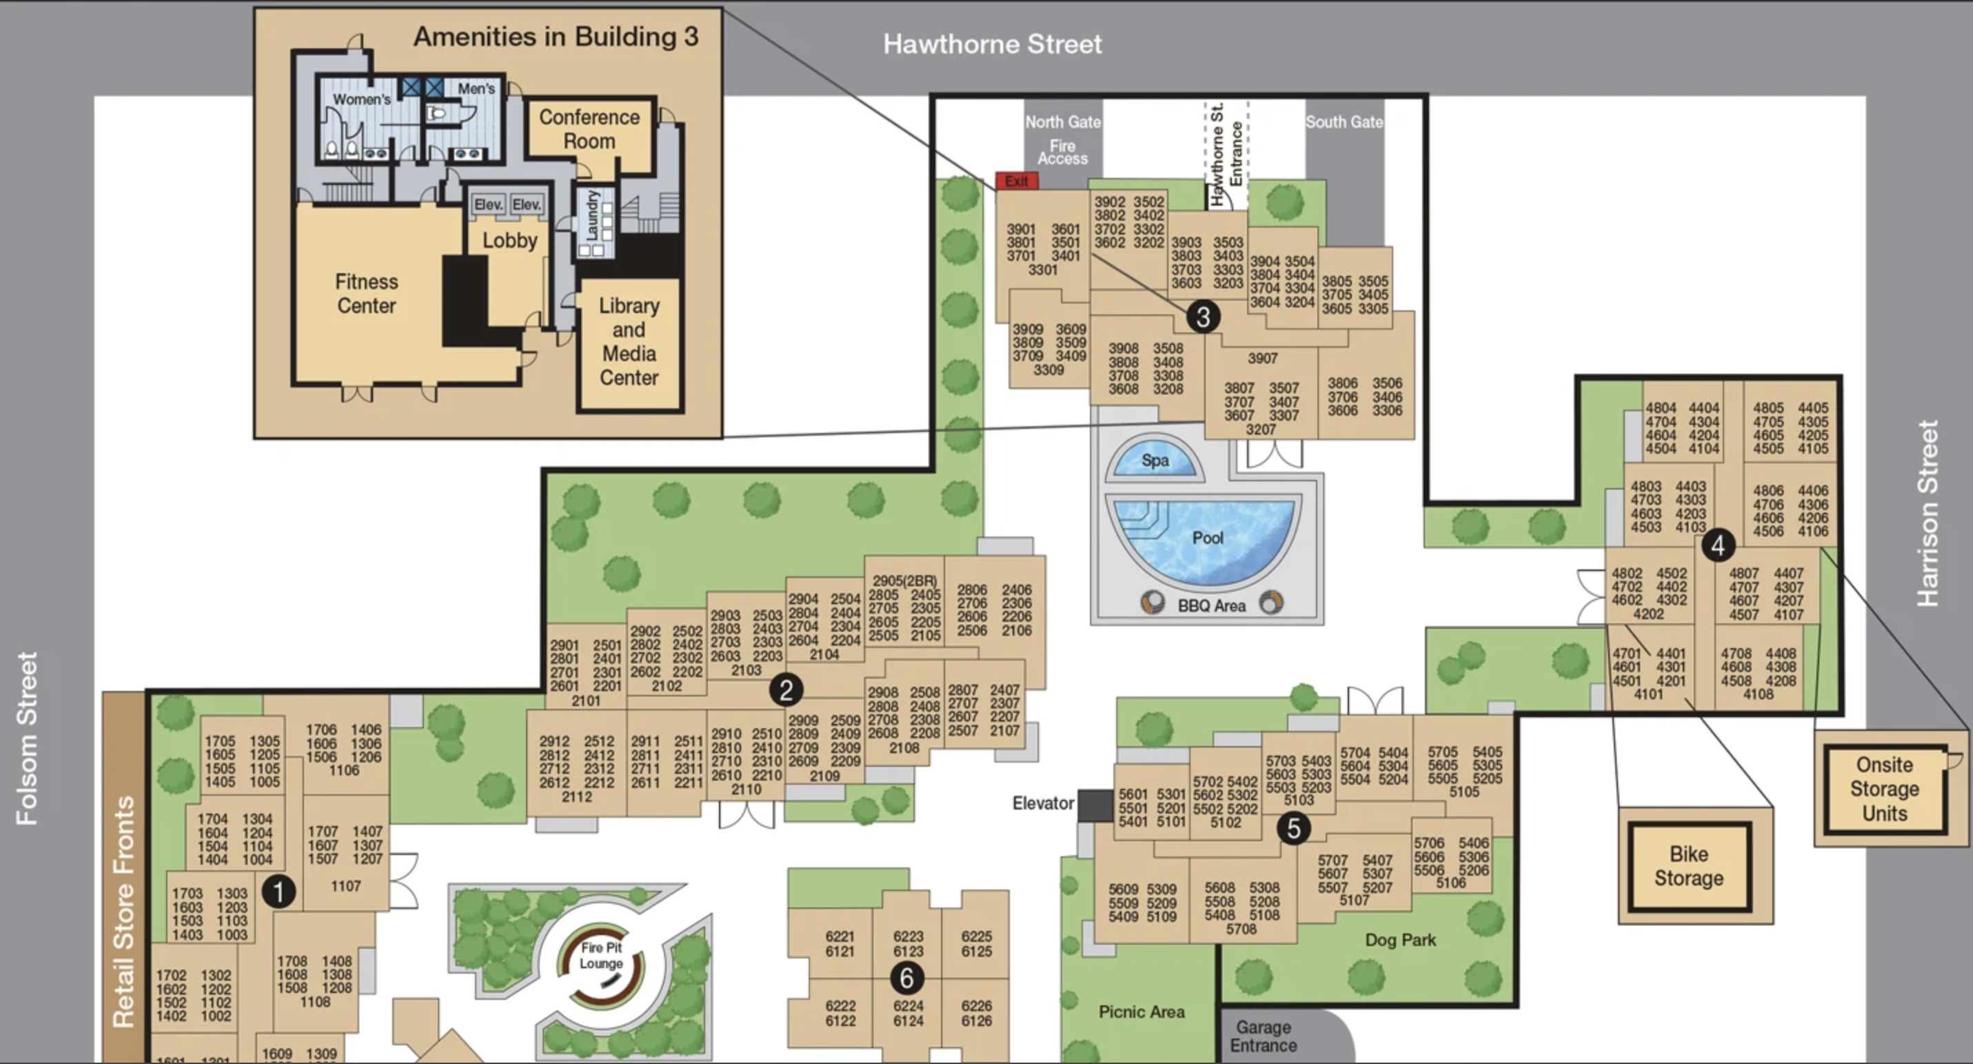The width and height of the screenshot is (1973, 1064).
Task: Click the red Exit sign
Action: click(1016, 181)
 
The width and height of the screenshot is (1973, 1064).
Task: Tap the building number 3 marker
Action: click(1202, 317)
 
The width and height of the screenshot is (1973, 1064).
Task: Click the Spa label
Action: click(1155, 461)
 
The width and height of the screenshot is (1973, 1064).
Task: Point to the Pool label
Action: click(1208, 538)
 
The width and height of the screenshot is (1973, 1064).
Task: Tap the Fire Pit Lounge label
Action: click(601, 955)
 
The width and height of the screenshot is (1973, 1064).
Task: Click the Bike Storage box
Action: click(1689, 866)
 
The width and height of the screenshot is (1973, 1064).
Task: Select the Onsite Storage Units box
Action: click(1884, 789)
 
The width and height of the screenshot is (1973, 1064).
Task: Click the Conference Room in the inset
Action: click(589, 129)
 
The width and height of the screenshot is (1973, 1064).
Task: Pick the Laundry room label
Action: click(592, 215)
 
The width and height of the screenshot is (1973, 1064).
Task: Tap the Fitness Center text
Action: click(366, 293)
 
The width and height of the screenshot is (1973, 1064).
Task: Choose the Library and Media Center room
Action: click(629, 341)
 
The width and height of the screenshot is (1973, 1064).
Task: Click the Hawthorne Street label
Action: click(992, 44)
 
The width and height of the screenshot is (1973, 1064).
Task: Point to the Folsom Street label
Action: click(28, 738)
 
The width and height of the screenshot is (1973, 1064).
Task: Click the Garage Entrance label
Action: click(1263, 1036)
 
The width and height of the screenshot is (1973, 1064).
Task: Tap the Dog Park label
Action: click(1400, 940)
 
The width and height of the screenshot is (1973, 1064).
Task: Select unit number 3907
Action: click(1262, 359)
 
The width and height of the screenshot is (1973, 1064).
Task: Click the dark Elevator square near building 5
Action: click(1095, 805)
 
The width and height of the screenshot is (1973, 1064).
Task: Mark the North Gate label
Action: click(1062, 122)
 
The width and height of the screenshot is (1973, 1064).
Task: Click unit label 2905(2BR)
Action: click(904, 581)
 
